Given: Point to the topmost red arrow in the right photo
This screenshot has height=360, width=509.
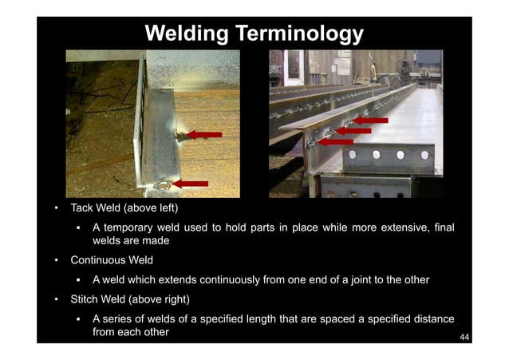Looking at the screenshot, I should coord(370,121).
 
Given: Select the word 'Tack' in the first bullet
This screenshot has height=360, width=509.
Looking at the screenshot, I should coord(83,208).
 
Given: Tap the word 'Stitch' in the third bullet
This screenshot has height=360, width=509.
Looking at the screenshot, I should coord(85,300).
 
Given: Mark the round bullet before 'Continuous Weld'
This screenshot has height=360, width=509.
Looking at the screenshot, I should coord(56,259).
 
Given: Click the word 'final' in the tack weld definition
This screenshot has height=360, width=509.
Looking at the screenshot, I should coord(441,228).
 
